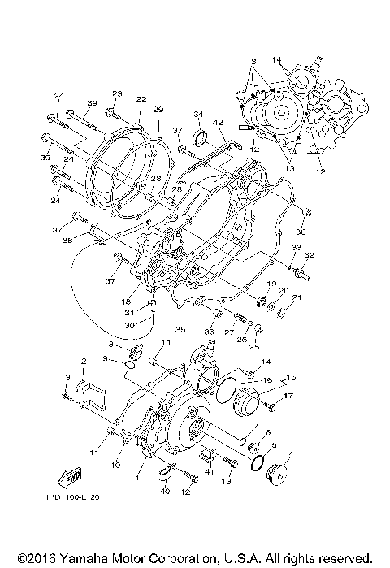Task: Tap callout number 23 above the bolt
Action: click(117, 93)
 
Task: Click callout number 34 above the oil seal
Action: click(197, 114)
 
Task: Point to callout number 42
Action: click(218, 123)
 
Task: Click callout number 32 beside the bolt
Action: click(310, 255)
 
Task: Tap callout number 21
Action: click(297, 298)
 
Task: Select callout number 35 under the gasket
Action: click(180, 330)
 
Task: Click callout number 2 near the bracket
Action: click(83, 361)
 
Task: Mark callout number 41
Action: click(209, 471)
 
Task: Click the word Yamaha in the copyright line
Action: click(89, 560)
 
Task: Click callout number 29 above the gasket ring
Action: click(158, 110)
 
